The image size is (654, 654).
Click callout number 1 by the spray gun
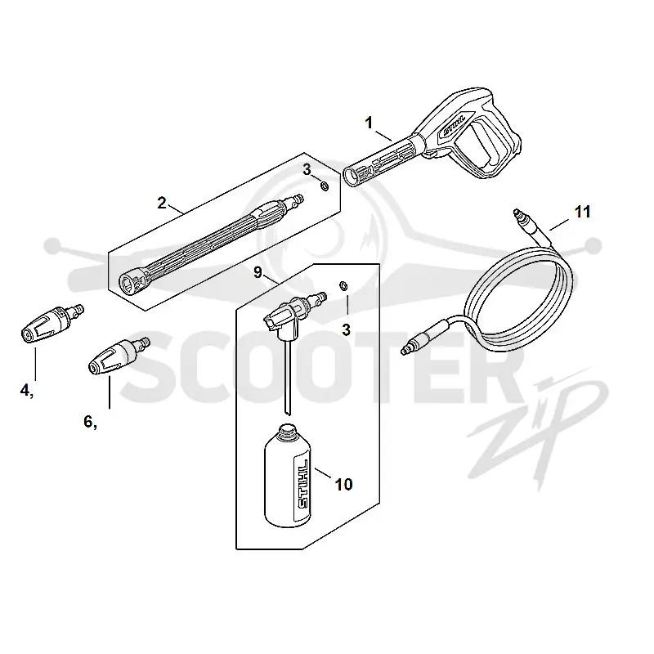pyautogui.click(x=369, y=123)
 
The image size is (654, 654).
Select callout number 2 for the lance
pyautogui.click(x=162, y=203)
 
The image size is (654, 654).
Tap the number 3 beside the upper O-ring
pyautogui.click(x=307, y=170)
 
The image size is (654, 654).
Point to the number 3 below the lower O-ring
pyautogui.click(x=346, y=330)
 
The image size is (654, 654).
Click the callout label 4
pyautogui.click(x=26, y=391)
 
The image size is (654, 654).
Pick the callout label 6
pyautogui.click(x=90, y=422)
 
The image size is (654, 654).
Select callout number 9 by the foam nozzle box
pyautogui.click(x=258, y=273)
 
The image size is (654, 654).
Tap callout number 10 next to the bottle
pyautogui.click(x=343, y=485)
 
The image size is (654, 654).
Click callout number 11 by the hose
pyautogui.click(x=582, y=212)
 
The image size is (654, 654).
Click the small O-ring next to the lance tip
pyautogui.click(x=324, y=186)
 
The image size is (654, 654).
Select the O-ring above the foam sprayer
pyautogui.click(x=343, y=286)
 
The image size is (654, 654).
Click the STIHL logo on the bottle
pyautogui.click(x=303, y=484)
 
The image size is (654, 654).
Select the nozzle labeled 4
pyautogui.click(x=52, y=324)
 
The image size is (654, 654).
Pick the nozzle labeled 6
pyautogui.click(x=119, y=356)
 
